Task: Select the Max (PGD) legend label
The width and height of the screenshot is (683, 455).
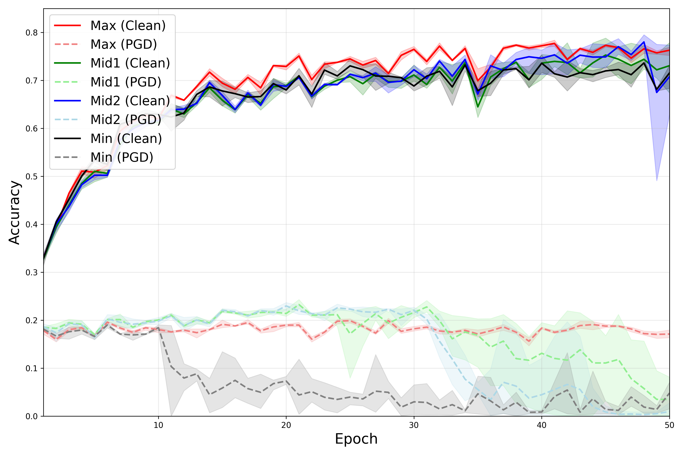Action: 124,44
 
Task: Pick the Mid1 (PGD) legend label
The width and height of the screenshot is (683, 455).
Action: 126,82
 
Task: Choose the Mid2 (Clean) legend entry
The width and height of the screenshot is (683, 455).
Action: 130,101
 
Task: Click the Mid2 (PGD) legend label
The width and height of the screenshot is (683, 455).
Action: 126,120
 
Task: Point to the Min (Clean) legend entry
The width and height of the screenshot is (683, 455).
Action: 126,138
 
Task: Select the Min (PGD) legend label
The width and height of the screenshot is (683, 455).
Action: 122,157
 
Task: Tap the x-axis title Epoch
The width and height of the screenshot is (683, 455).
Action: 356,439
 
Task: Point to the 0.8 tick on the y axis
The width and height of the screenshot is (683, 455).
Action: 32,32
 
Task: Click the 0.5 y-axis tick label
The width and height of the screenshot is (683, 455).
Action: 32,177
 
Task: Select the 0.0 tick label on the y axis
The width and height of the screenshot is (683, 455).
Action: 32,416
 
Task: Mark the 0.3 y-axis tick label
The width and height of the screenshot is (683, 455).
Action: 32,272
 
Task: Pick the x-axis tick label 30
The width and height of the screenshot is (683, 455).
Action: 414,425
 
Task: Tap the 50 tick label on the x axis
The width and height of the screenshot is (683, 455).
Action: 669,425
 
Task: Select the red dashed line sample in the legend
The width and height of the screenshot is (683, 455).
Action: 67,44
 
